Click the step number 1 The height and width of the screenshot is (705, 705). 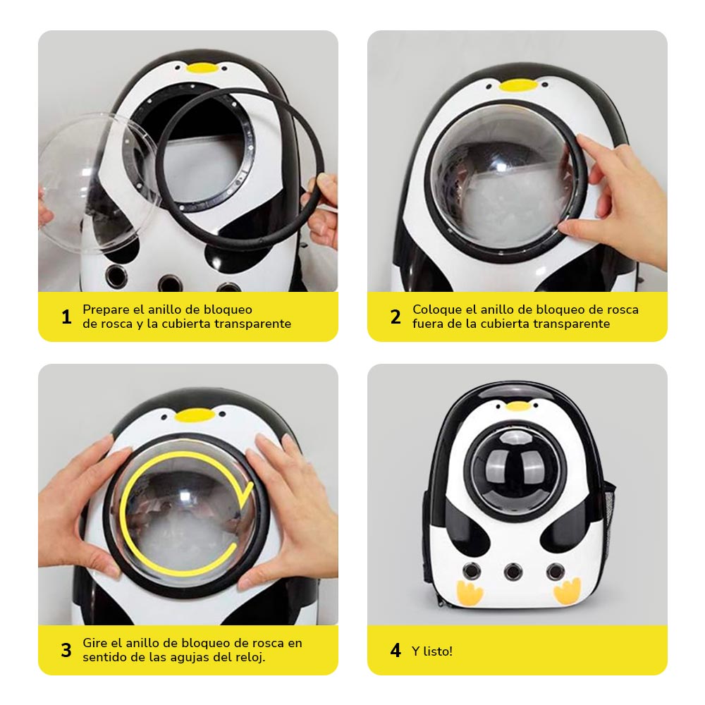tap(66, 317)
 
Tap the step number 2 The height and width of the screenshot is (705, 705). tap(396, 317)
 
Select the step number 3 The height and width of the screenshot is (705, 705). tap(66, 650)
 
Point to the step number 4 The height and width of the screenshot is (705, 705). tap(396, 650)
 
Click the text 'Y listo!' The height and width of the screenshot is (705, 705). tap(432, 651)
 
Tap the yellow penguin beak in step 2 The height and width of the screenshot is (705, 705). tap(518, 85)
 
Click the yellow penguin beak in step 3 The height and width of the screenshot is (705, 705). tap(195, 415)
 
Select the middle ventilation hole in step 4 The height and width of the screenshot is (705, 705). tap(513, 572)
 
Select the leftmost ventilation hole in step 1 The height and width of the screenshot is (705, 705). tap(117, 275)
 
